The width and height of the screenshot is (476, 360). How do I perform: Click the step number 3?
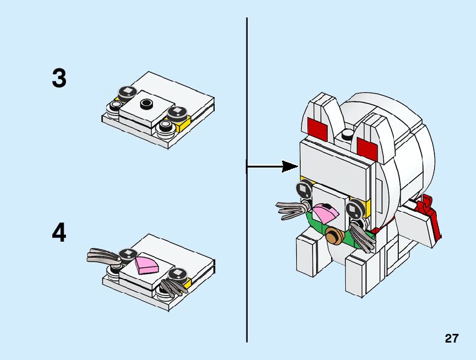click(59, 78)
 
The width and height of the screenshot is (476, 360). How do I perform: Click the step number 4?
click(59, 233)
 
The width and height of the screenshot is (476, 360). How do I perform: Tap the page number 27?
click(452, 339)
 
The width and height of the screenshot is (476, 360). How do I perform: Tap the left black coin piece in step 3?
click(126, 92)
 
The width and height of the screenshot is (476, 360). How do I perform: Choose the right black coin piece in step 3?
click(175, 113)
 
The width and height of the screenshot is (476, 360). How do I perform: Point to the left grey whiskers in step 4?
click(103, 255)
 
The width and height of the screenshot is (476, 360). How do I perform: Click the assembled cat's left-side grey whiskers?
click(293, 210)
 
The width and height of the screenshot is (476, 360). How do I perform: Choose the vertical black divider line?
click(247, 249)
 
